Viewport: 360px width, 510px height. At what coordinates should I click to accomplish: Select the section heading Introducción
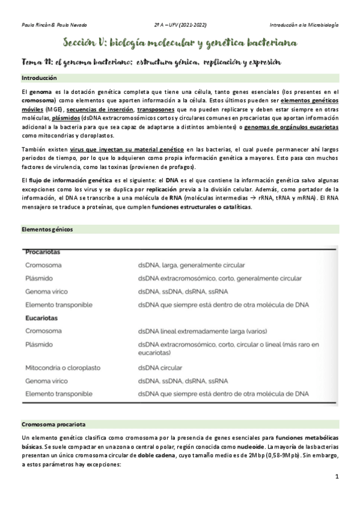39,78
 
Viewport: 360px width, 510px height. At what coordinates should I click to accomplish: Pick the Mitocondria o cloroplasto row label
63,367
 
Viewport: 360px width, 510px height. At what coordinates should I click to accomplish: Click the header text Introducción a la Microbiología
304,25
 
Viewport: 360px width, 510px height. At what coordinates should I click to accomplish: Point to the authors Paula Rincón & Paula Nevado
53,25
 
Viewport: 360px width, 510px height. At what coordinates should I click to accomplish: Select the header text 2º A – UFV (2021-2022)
180,25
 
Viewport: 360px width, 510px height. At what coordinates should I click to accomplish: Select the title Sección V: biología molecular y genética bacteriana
179,43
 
